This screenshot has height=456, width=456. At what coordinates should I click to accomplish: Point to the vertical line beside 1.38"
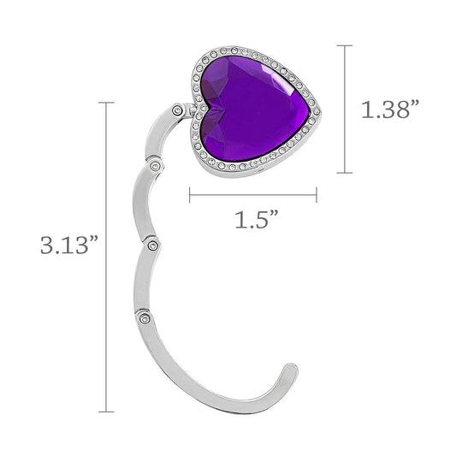[346, 110]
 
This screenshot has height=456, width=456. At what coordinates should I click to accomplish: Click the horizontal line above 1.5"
[252, 195]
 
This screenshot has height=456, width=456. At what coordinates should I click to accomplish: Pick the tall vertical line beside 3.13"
[109, 257]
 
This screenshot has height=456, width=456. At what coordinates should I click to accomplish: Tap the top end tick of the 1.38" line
[346, 45]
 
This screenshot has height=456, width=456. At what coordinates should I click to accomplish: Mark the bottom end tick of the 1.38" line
[346, 173]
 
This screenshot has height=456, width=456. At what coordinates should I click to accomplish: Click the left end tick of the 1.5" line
[189, 195]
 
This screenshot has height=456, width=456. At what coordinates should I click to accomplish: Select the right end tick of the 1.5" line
[317, 195]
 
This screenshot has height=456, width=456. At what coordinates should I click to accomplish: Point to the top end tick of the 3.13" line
[109, 103]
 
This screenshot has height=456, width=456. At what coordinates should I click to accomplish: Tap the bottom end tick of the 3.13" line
[109, 412]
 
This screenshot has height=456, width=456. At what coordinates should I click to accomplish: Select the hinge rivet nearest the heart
[177, 110]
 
